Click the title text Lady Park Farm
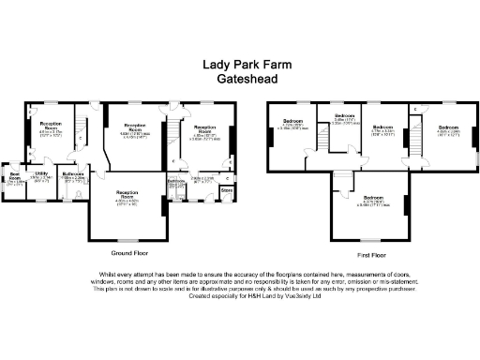(x=239, y=66)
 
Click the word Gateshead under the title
(x=239, y=81)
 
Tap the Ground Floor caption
(x=131, y=253)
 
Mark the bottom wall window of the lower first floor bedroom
(x=373, y=241)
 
